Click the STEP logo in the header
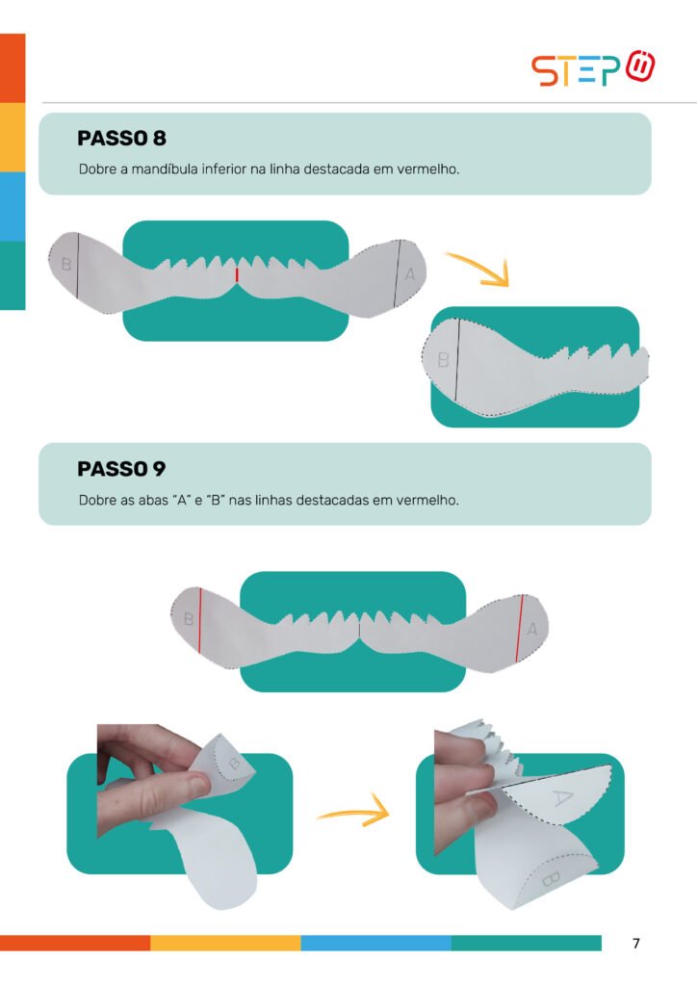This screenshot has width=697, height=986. coord(593,68)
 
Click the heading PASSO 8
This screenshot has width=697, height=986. coord(122,138)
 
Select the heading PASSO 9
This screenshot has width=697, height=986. coord(122,469)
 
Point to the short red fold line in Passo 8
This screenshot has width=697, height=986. coord(237,274)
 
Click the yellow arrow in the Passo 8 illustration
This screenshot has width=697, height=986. coord(478,269)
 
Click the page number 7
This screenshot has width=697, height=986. coord(636,943)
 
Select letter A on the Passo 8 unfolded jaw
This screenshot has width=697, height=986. coord(410,274)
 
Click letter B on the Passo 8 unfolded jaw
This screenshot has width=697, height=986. coord(66,264)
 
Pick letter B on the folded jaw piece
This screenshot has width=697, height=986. coord(443,360)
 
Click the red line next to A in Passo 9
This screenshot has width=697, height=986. coord(519,628)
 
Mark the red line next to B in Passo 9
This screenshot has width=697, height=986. coord(200,620)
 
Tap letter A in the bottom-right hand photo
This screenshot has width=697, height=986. coord(562,798)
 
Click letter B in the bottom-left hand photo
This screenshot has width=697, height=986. coord(235,764)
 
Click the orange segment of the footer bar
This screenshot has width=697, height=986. coord(75,943)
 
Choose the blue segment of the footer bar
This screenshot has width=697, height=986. coord(375,943)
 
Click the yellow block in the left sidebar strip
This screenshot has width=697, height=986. coord(13,137)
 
